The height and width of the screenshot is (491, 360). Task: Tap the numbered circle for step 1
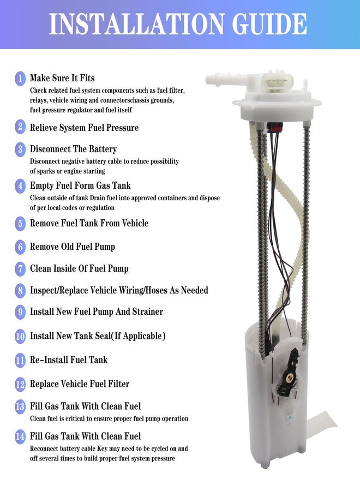click(20, 79)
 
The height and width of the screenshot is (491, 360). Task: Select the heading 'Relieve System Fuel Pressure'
click(84, 128)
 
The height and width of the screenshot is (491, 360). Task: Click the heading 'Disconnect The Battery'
click(73, 149)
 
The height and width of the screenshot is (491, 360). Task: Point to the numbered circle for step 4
click(20, 186)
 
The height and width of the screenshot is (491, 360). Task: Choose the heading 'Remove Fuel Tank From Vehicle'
click(89, 223)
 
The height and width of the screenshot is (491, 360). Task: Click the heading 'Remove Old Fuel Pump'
click(72, 247)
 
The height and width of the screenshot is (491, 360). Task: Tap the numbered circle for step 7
click(20, 269)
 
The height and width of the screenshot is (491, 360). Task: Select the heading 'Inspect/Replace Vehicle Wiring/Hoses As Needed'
click(119, 290)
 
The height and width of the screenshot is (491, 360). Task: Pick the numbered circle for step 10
click(20, 337)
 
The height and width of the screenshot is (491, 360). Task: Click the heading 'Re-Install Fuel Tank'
click(69, 360)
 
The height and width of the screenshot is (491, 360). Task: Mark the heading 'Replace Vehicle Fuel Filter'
click(80, 384)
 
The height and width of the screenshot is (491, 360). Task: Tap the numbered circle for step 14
click(20, 436)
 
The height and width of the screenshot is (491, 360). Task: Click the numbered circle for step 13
click(20, 407)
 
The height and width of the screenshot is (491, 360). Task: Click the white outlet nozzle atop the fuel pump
click(215, 79)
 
